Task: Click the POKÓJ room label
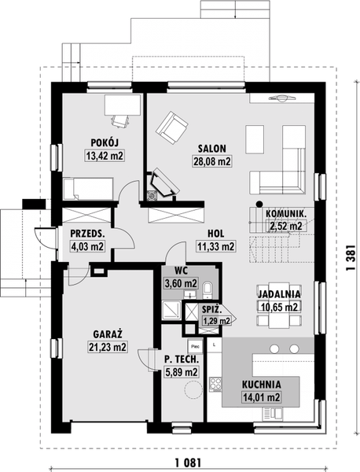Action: [105, 142]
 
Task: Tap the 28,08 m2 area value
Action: [211, 161]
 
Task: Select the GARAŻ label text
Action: [108, 334]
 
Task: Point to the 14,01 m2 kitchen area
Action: [261, 397]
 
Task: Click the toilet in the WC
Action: [208, 289]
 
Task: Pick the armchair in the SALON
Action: [171, 127]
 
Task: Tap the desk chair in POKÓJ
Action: [120, 121]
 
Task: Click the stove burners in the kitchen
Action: [215, 385]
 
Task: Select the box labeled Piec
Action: [195, 346]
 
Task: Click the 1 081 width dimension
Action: [187, 462]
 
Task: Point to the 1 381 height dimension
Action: [351, 257]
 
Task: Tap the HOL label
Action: [215, 234]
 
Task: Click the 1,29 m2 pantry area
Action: [217, 321]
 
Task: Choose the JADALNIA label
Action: [279, 293]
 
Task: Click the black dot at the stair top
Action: [259, 204]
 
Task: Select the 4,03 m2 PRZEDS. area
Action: [87, 246]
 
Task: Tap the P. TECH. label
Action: [182, 360]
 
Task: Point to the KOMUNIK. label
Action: [286, 214]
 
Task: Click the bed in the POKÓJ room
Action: [88, 189]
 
